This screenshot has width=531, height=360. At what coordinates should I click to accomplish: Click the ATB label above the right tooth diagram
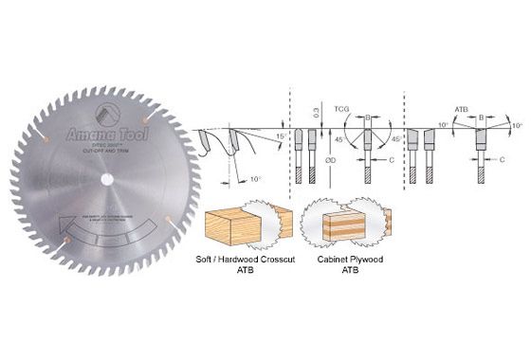[461, 107]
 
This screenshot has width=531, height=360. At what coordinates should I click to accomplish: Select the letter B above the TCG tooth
[367, 118]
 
